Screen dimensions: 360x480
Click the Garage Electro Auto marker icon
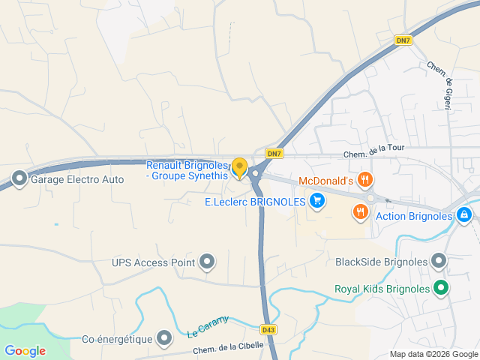[19, 179]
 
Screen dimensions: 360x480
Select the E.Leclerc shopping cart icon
[317, 201]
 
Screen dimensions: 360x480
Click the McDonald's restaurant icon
[364, 180]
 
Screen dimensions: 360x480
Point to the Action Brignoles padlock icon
[464, 216]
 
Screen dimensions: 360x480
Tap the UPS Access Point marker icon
[208, 262]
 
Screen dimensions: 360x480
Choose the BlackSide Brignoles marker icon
[439, 262]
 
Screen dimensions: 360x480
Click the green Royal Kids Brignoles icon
[442, 288]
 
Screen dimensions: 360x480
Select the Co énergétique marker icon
[164, 339]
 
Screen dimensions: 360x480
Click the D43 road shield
[268, 329]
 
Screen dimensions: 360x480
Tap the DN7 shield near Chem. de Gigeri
[403, 40]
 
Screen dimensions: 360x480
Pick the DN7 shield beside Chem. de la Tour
[275, 154]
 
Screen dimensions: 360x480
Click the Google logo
[25, 350]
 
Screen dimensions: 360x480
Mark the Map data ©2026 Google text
[433, 354]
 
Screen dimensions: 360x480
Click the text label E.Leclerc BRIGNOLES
[255, 201]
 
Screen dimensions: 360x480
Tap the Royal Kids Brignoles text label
[382, 288]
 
